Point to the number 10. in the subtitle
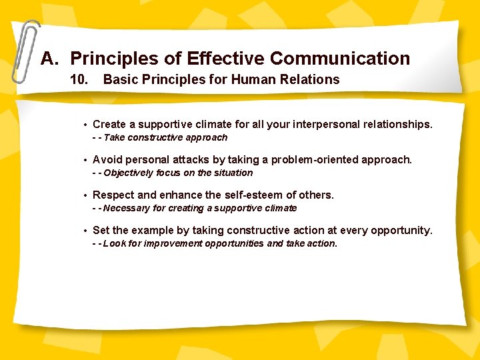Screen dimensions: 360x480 [80, 80]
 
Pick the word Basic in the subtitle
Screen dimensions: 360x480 [120, 80]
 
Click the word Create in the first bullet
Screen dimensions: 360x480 [109, 124]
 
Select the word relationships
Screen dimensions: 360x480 [398, 124]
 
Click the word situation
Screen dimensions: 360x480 [233, 173]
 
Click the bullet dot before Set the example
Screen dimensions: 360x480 [85, 231]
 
